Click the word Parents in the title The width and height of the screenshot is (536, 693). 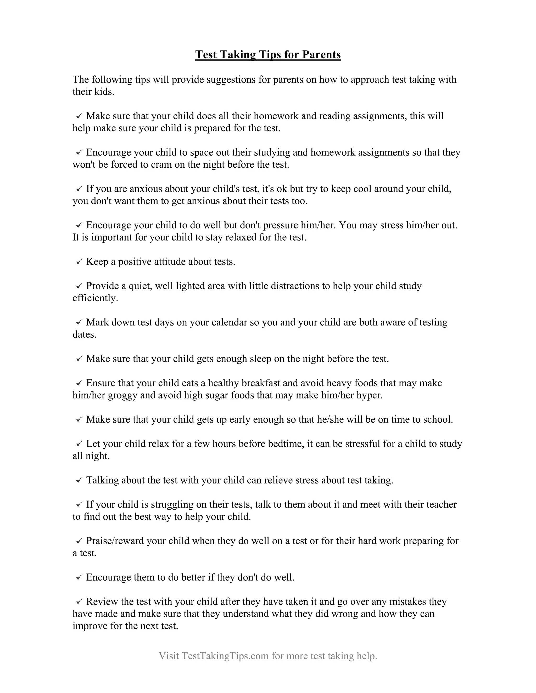pyautogui.click(x=321, y=55)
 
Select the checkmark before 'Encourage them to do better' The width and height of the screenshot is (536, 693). pyautogui.click(x=79, y=577)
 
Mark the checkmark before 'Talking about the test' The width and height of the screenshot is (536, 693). pyautogui.click(x=79, y=480)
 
